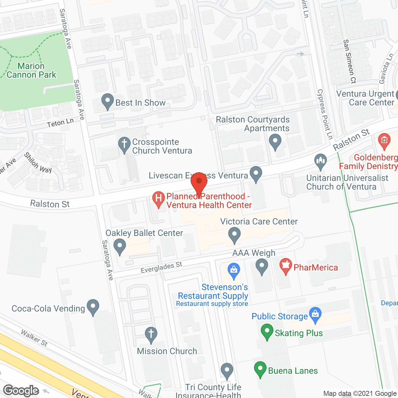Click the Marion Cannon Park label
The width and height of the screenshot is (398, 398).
pos(31,71)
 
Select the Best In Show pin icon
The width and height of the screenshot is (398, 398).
pos(108,101)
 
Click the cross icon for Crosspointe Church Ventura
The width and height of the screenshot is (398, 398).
pos(124,145)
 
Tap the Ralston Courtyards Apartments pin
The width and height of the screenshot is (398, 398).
pos(275,141)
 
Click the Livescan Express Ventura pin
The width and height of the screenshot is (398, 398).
pos(256,174)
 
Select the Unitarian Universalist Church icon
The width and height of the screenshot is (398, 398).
pos(320,162)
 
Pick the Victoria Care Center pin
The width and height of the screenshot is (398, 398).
pos(234,235)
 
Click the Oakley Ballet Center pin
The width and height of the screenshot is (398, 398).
pos(119,246)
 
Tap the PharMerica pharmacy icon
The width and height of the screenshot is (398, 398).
pos(285,266)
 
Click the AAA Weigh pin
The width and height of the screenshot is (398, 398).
pos(262,267)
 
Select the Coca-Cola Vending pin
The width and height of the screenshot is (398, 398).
pos(93,307)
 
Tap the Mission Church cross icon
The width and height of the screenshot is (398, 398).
pos(151,335)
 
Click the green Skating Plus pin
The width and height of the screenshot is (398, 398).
pos(267,331)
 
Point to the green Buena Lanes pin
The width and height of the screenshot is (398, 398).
pos(260,369)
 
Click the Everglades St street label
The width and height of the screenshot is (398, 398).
pos(161,267)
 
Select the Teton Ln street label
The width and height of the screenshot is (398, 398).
pos(60,123)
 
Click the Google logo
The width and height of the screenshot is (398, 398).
pos(21,391)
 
